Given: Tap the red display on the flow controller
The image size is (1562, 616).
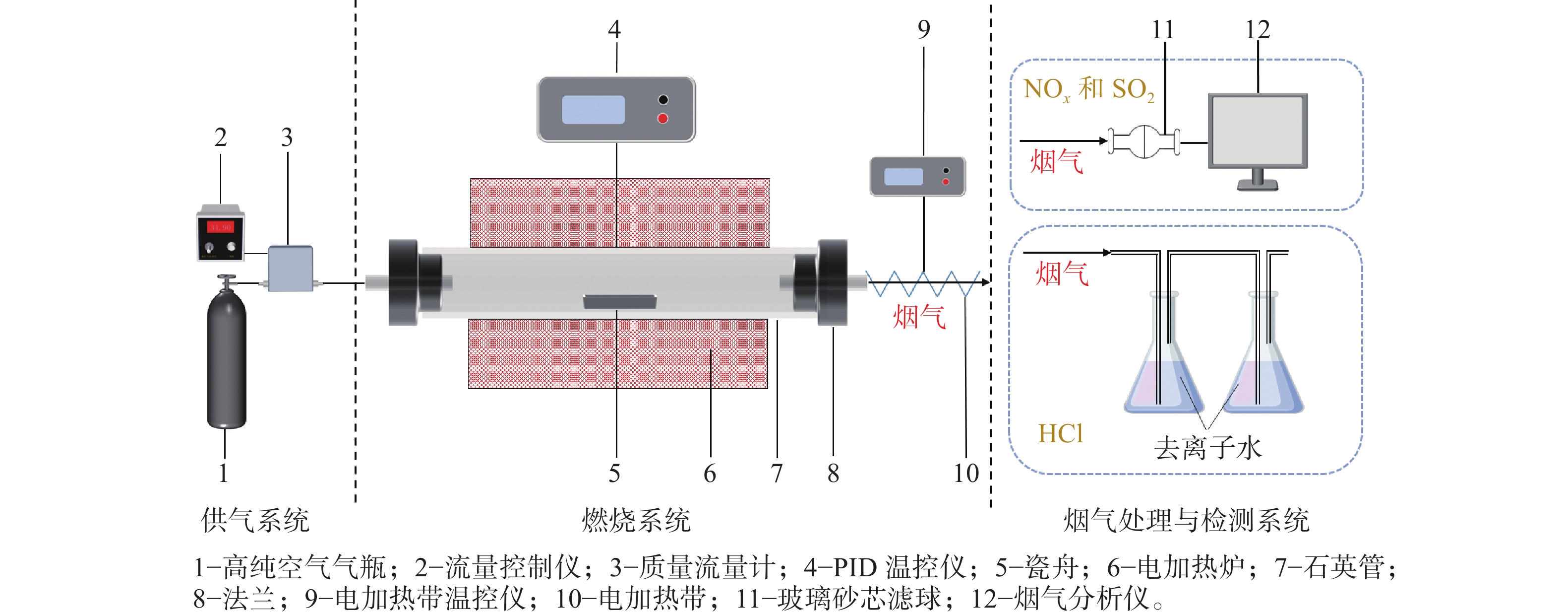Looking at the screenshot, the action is pyautogui.click(x=220, y=227).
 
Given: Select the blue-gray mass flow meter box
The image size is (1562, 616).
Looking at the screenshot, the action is pyautogui.click(x=291, y=268).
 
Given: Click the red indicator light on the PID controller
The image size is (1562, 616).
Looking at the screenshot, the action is pyautogui.click(x=663, y=118).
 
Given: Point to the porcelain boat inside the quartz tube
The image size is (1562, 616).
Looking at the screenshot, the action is pyautogui.click(x=620, y=302).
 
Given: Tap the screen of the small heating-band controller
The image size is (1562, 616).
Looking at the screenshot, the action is pyautogui.click(x=903, y=177).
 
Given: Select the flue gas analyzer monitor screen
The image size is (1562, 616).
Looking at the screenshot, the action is pyautogui.click(x=1258, y=131).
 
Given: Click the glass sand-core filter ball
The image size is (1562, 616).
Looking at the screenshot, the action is pyautogui.click(x=1144, y=141).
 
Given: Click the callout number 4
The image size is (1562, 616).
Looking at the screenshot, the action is pyautogui.click(x=614, y=29).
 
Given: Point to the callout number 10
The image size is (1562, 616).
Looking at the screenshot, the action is pyautogui.click(x=966, y=473).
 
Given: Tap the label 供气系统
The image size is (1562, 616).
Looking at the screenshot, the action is pyautogui.click(x=255, y=520).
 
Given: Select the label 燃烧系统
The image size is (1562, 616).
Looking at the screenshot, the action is pyautogui.click(x=636, y=520).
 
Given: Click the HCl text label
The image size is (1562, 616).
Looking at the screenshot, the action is pyautogui.click(x=1061, y=433).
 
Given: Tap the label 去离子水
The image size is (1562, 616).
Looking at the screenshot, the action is pyautogui.click(x=1208, y=448).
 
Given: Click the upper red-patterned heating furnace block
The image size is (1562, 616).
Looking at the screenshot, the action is pyautogui.click(x=620, y=212).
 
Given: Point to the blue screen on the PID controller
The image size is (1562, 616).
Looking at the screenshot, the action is pyautogui.click(x=593, y=109).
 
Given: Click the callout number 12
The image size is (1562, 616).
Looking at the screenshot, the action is pyautogui.click(x=1258, y=29).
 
